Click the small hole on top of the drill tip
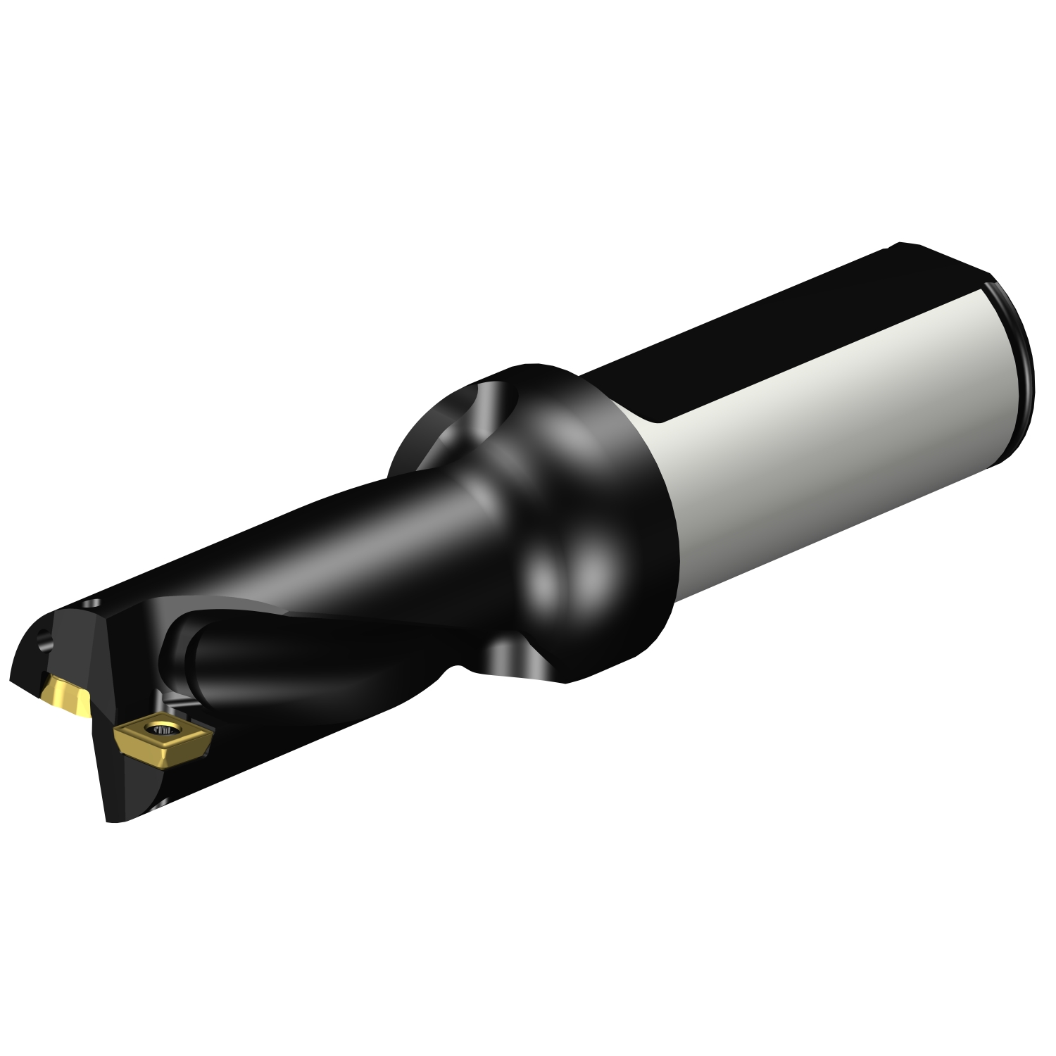point(92,604)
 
